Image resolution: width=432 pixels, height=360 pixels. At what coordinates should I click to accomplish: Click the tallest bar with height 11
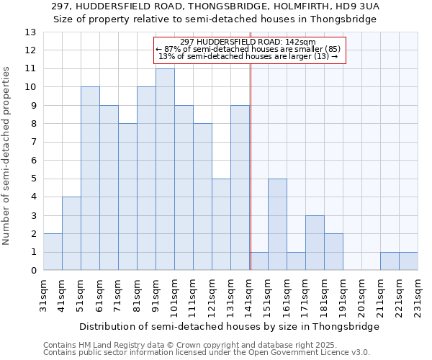(x=165, y=170)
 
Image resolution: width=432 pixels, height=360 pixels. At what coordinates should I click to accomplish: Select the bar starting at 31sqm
(x=53, y=252)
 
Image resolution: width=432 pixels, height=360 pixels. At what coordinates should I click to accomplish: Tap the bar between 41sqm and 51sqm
(x=71, y=234)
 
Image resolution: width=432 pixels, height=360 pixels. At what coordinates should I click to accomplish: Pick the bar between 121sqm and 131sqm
(x=221, y=225)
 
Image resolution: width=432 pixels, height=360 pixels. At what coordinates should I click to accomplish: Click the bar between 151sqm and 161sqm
(x=277, y=225)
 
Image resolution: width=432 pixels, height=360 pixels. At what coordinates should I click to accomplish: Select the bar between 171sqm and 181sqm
(x=315, y=243)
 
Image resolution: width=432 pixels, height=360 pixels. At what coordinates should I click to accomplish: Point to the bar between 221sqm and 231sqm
(x=408, y=262)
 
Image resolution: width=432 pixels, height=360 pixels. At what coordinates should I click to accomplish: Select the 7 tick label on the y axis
(x=33, y=143)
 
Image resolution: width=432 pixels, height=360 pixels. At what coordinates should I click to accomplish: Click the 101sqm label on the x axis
(x=175, y=296)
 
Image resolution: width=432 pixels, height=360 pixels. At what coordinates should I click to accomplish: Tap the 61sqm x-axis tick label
(x=100, y=296)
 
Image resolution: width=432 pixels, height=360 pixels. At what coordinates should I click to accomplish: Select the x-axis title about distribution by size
(x=229, y=326)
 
